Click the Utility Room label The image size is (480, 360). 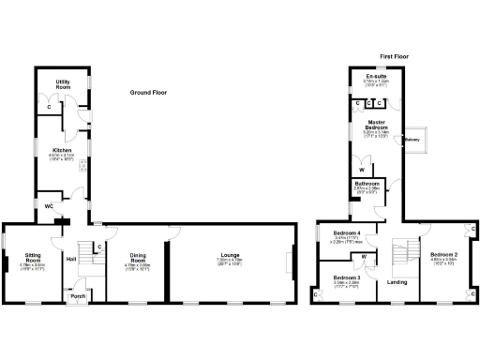click(x=65, y=84)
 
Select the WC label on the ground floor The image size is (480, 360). click(x=48, y=205)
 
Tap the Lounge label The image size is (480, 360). click(x=230, y=255)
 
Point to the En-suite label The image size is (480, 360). click(x=378, y=76)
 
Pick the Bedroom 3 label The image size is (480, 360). click(x=347, y=277)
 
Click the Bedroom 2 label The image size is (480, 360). click(x=443, y=255)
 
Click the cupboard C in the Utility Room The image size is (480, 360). click(x=49, y=107)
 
